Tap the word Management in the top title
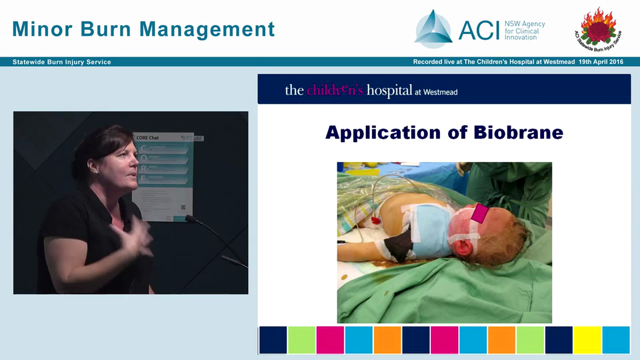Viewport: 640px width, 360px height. pos(207,29)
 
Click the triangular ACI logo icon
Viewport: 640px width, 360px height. pos(433,29)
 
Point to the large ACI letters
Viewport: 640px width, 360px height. pos(479,30)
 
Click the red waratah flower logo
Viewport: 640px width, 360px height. pos(598,27)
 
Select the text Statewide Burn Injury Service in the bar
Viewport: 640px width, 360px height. pos(62,62)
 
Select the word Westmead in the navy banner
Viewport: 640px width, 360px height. pos(440,91)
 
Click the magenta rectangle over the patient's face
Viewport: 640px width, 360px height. pos(479,213)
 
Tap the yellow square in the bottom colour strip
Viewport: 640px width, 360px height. pos(587,340)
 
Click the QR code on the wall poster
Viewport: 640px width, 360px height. pos(183,207)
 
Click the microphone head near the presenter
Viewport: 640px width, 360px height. pos(190,218)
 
